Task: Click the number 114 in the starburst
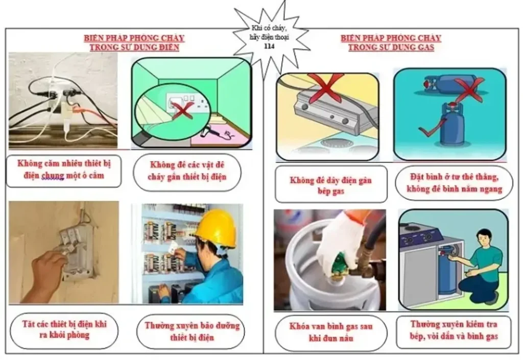269,46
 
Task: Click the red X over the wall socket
182,111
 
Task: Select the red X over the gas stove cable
326,87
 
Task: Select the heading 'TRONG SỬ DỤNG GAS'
391,47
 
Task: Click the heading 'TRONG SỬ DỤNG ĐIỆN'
134,47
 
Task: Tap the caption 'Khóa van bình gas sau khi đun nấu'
331,332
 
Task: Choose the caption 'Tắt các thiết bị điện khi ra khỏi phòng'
64,329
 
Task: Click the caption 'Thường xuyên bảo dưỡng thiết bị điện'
192,331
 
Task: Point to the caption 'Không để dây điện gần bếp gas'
330,185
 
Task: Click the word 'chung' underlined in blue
53,176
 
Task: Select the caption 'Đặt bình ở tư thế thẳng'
454,177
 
